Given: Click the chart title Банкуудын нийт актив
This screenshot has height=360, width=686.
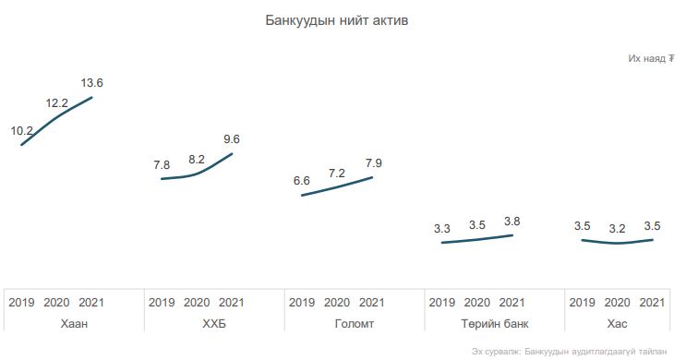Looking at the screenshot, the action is point(336,20).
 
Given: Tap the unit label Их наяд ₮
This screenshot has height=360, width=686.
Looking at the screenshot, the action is point(651,58).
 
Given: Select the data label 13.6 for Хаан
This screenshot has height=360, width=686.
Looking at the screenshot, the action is point(92,83).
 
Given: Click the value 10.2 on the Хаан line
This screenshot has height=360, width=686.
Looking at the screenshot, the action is point(22,131).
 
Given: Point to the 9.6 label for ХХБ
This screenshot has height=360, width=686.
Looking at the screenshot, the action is point(232,139).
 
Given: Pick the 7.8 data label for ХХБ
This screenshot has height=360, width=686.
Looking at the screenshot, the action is point(162,165).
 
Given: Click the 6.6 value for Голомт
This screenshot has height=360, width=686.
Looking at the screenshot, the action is point(301,181).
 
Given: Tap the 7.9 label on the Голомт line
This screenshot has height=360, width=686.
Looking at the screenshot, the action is point(374,163).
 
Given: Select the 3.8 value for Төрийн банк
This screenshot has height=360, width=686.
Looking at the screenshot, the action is point(511,222).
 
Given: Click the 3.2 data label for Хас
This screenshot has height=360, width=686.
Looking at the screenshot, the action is point(617,228).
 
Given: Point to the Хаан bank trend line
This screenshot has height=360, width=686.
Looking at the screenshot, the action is point(55,117).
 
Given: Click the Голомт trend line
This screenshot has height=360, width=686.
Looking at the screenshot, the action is point(337,186).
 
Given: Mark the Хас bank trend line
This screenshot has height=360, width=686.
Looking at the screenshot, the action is point(617,243).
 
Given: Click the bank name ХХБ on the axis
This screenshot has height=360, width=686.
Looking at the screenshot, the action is point(214,324).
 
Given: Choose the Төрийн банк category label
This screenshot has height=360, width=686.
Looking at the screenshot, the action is point(494,324).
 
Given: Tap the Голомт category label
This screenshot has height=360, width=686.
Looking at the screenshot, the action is point(355,324).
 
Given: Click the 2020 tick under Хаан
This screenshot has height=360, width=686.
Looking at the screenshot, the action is point(56,302).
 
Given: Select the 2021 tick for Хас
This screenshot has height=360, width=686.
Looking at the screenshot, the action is point(652,302).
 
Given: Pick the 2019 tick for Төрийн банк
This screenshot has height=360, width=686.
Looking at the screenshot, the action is point(442,302).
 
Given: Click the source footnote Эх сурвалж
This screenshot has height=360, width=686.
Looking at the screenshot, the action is point(569,352).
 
